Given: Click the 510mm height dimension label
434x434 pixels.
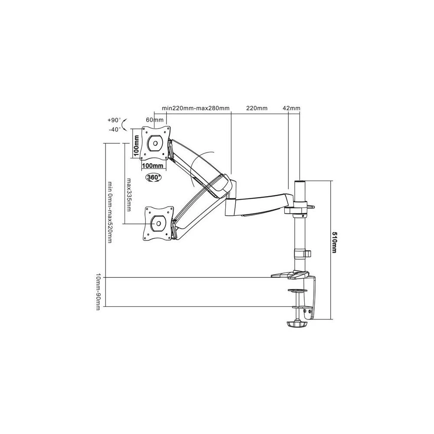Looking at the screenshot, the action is click(x=335, y=243).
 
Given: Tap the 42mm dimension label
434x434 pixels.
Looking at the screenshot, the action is click(x=291, y=108).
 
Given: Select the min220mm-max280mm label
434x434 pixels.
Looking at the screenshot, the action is click(x=196, y=108).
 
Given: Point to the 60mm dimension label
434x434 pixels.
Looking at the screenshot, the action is click(x=155, y=120).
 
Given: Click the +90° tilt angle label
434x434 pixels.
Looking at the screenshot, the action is click(x=114, y=120).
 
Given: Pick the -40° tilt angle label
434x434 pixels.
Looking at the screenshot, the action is click(x=115, y=129).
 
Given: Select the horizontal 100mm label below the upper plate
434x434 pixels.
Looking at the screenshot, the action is click(x=152, y=166).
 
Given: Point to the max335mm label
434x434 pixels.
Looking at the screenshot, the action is click(x=128, y=194).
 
